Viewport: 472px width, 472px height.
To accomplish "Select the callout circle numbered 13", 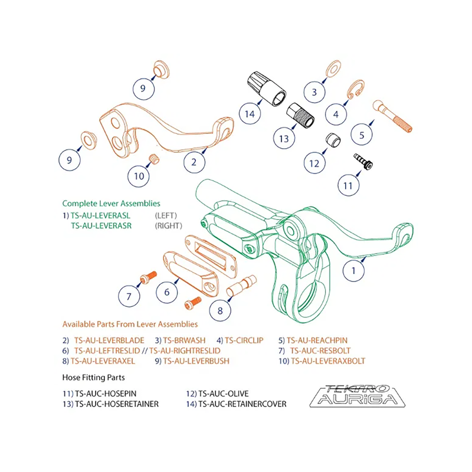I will click(x=285, y=138).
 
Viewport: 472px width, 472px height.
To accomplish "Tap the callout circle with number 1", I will click(x=354, y=271).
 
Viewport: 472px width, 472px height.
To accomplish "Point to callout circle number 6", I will click(x=168, y=291).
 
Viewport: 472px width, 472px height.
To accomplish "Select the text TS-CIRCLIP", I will click(x=242, y=340).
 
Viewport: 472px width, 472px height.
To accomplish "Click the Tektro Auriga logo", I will click(x=359, y=395).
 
